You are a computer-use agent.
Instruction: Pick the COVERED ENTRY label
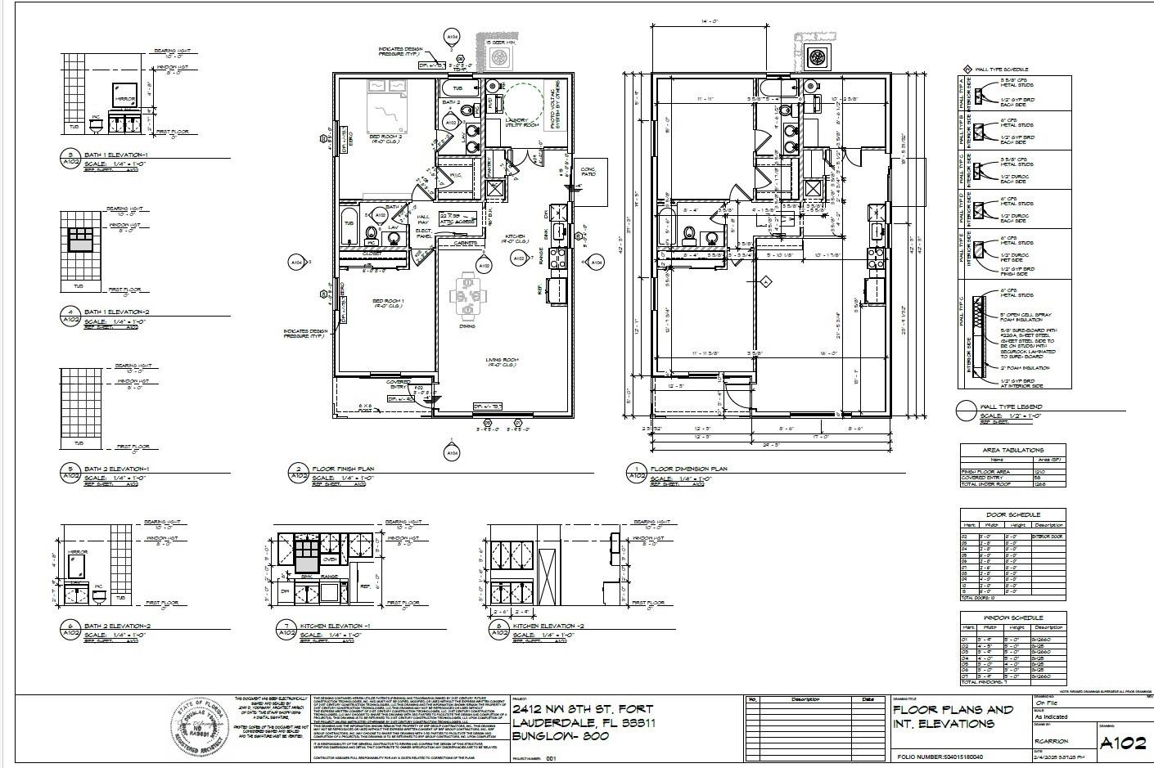tap(399, 384)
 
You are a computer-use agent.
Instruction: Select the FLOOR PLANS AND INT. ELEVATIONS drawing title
tap(953, 716)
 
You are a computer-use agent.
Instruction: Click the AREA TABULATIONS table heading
tap(1012, 450)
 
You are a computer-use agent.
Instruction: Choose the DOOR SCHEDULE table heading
tap(1012, 514)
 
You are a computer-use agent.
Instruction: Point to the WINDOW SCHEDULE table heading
tap(1012, 618)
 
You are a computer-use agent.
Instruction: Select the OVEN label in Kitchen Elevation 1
tap(328, 559)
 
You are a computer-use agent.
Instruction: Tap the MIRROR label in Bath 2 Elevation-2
tap(79, 552)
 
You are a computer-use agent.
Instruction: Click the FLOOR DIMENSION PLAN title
tap(688, 469)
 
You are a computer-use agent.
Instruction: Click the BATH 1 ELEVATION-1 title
tap(116, 155)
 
